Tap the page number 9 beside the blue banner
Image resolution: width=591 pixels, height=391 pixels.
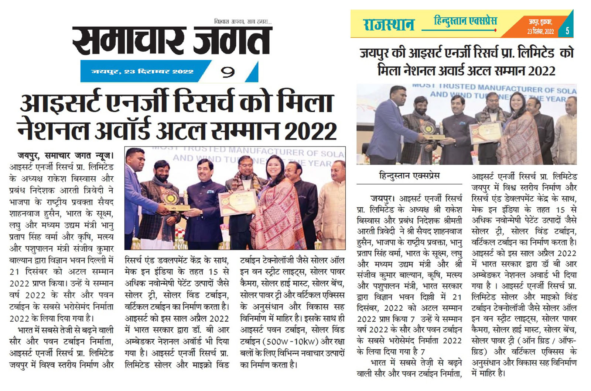click(x=228, y=72)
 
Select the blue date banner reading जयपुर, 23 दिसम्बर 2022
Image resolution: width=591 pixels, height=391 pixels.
click(x=143, y=72)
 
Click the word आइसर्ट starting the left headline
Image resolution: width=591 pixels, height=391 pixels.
click(x=61, y=103)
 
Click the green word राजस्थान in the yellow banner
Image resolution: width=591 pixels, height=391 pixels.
click(x=389, y=24)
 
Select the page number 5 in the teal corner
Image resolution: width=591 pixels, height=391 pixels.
click(x=567, y=31)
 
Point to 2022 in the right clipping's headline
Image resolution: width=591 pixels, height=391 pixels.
click(x=542, y=70)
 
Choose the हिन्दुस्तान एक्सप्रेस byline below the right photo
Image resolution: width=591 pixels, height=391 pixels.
click(x=409, y=176)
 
